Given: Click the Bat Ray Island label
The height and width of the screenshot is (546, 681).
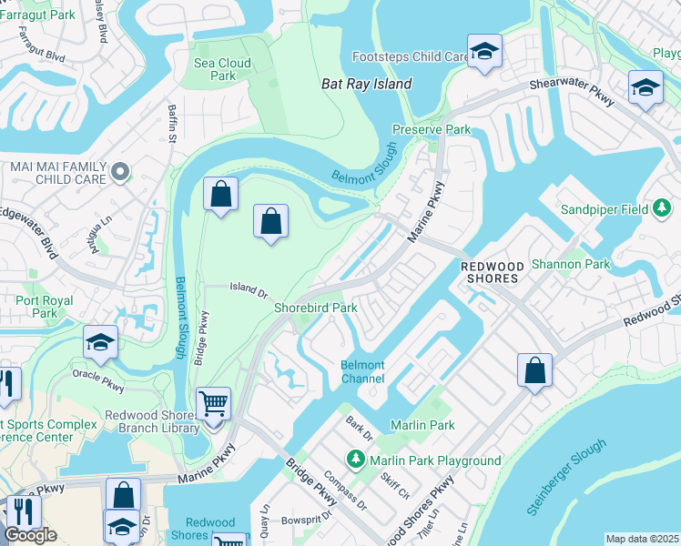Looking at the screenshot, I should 367,84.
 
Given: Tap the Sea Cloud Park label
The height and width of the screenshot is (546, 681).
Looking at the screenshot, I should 222,70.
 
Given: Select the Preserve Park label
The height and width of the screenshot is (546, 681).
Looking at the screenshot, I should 432,130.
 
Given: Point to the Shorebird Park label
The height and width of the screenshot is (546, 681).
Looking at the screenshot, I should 316,308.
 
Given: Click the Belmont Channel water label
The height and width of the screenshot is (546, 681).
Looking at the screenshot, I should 362,371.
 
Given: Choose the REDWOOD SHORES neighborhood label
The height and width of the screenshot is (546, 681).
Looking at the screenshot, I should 493,271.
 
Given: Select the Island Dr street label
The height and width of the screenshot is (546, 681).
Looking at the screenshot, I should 248,290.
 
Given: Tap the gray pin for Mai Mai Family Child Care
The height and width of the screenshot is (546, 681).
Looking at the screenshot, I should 119,171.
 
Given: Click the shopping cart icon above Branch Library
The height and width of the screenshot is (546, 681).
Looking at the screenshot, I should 213,403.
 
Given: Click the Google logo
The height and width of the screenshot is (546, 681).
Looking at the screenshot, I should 30,536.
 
